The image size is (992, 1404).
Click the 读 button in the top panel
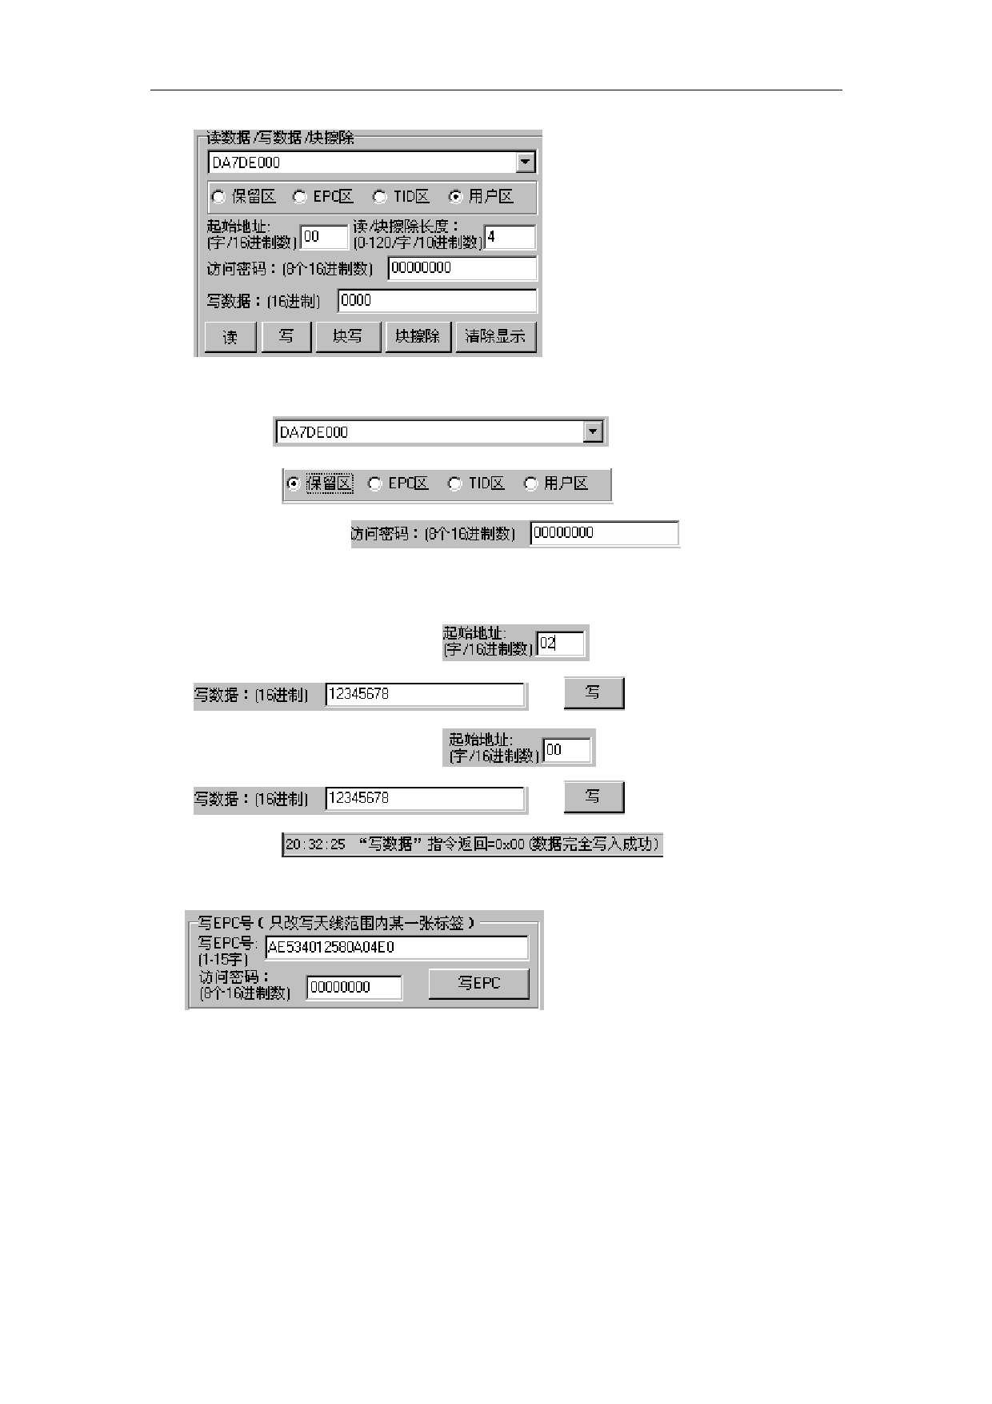tap(230, 337)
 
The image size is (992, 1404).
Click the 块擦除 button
tap(418, 337)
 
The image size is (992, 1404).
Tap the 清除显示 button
tap(495, 337)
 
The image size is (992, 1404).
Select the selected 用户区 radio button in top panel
tap(456, 197)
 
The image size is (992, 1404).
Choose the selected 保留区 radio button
tap(294, 483)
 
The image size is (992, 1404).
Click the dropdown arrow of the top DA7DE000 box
tap(525, 162)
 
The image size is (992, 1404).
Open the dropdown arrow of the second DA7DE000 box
tap(592, 432)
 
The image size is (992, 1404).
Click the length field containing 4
tap(510, 238)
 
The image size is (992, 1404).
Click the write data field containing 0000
tap(437, 301)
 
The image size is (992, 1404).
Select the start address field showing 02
tap(560, 644)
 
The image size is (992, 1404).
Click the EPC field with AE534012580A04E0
tap(396, 948)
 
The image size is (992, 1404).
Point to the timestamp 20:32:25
tap(315, 844)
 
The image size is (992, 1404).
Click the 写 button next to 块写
tap(286, 337)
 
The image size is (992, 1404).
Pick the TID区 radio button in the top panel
tap(381, 197)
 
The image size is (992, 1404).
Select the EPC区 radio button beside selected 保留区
tap(374, 483)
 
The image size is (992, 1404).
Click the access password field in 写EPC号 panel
tap(354, 988)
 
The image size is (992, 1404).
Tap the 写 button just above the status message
tap(594, 797)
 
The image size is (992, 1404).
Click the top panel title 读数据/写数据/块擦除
tap(280, 138)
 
